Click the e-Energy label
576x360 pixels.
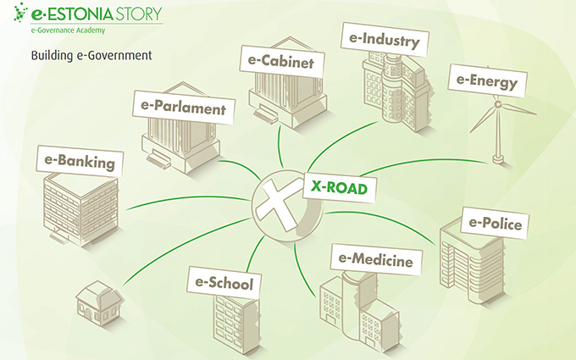pos(485,81)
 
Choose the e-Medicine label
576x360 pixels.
pos(375,258)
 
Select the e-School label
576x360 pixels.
pos(223,284)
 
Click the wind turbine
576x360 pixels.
pos(496,127)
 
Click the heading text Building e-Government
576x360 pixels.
pos(91,56)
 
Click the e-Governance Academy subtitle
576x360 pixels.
pos(69,30)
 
